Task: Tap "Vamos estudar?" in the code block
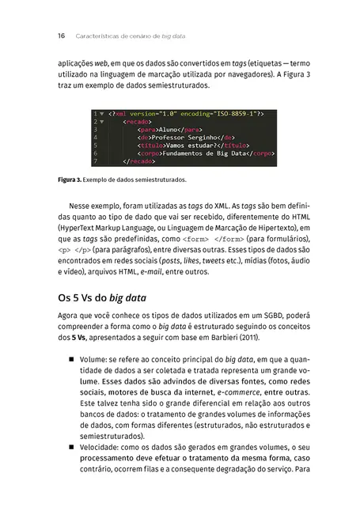tap(191, 145)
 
